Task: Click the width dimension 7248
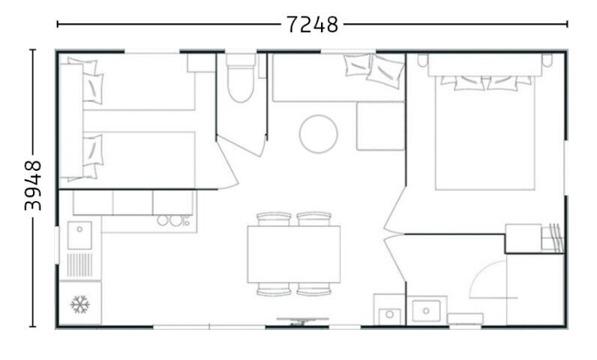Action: [312, 25]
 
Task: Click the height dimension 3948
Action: [33, 186]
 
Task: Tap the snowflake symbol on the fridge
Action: [80, 304]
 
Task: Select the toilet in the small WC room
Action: [241, 78]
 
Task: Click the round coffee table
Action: [318, 134]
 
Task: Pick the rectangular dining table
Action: [293, 254]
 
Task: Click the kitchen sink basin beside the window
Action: [79, 235]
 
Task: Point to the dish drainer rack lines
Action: [79, 265]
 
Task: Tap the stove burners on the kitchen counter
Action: [173, 220]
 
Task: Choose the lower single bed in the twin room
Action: [139, 160]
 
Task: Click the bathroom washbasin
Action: [427, 310]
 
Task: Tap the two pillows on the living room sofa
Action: [373, 70]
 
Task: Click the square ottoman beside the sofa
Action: [380, 126]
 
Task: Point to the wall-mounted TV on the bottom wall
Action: [303, 321]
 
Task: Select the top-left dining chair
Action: [274, 219]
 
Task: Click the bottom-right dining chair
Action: [313, 289]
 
